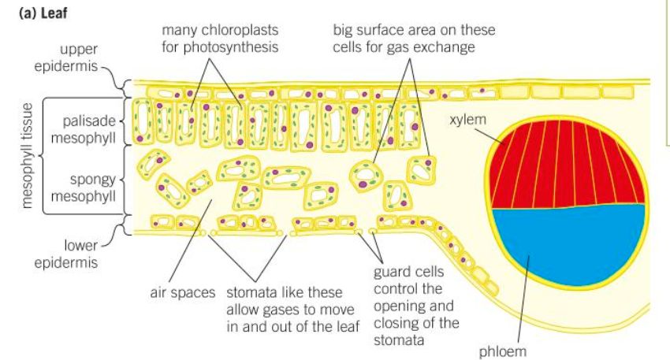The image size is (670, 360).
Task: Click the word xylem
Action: [x=468, y=119]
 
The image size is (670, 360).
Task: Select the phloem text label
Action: [x=503, y=351]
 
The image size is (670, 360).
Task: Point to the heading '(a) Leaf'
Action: [x=43, y=13]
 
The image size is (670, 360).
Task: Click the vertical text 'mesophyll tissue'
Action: [x=27, y=156]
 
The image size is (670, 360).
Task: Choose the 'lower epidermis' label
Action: [x=66, y=254]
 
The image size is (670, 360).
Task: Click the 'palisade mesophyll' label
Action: [x=84, y=129]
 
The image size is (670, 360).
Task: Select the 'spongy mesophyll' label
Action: [x=84, y=188]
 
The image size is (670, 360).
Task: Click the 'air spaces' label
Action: [x=182, y=292]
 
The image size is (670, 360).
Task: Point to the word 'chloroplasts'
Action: [x=240, y=30]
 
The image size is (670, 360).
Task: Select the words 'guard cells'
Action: [x=408, y=272]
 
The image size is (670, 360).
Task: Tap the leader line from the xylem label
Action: [x=489, y=135]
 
